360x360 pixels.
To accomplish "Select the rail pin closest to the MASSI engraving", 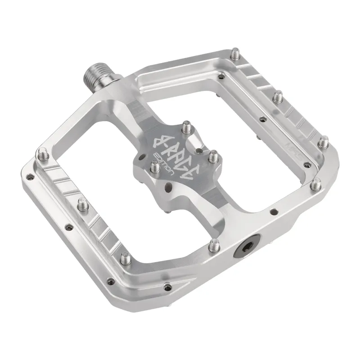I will click(x=323, y=143).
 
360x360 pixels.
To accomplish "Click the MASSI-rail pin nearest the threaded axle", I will click(x=235, y=56).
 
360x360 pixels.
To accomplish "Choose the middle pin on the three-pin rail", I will click(x=82, y=204).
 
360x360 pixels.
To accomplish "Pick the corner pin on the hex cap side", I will click(x=316, y=183).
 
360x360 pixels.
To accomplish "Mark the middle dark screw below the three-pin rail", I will click(x=68, y=228).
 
